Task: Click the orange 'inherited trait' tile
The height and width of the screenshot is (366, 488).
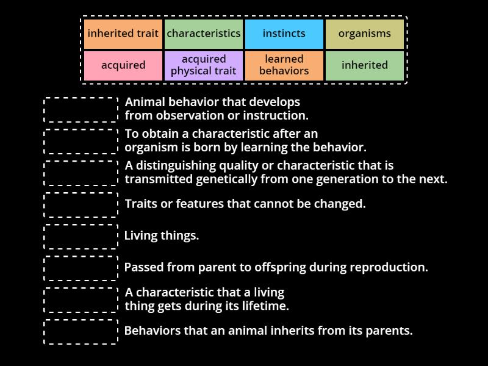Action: tap(123, 34)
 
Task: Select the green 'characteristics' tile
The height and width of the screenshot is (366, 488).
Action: tap(204, 34)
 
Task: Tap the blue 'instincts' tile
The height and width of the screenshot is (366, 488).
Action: tap(284, 34)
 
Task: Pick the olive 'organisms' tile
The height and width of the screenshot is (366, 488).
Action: tap(365, 34)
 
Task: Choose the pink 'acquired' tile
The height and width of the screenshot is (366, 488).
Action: tap(123, 65)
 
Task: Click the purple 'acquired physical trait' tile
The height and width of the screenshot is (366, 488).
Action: tap(204, 65)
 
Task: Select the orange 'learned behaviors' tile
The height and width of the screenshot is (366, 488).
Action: tap(284, 65)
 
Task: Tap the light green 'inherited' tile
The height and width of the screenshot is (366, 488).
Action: tap(365, 65)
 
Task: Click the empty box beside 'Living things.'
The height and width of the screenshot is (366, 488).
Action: tap(81, 236)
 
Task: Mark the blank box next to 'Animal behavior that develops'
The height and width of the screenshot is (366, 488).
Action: tap(81, 109)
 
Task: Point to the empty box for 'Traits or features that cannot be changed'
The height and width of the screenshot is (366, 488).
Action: tap(81, 204)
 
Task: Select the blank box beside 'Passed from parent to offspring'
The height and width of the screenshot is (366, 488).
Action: tap(81, 268)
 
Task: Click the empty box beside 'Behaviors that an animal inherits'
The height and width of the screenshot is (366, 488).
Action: tap(81, 331)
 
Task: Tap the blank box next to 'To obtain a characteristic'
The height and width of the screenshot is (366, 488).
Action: tap(81, 141)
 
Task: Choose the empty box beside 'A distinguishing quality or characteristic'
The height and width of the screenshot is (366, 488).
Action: tap(81, 173)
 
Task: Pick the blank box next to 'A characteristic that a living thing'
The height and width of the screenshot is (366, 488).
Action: tap(81, 300)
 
